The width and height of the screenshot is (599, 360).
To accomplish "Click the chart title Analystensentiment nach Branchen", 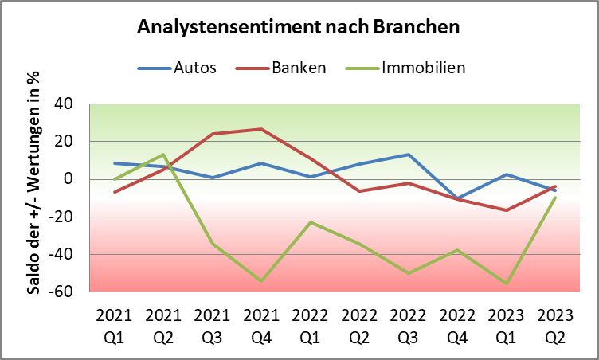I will tap(299, 26).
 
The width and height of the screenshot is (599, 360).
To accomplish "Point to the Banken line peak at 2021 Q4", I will tap(261, 129).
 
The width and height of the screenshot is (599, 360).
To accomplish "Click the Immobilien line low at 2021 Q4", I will tap(261, 281).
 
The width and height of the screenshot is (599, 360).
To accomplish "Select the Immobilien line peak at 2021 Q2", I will tap(163, 155).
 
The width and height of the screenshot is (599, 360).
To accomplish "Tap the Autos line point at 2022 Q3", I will tap(408, 155).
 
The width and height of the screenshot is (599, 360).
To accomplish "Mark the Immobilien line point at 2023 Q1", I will tap(507, 283).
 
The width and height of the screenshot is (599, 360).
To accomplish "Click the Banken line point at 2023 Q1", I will tap(507, 210).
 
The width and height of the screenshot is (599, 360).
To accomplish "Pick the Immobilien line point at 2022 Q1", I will tap(310, 222).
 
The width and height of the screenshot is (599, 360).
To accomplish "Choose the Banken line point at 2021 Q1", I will tap(114, 192).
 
